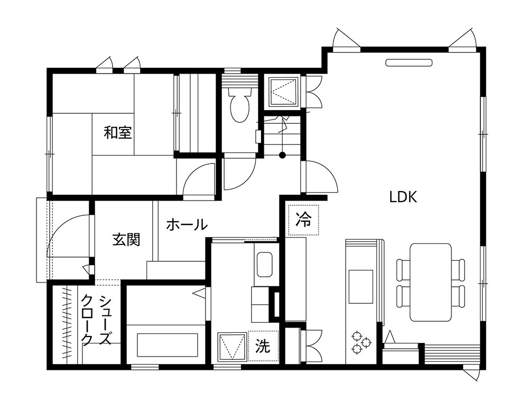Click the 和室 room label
click(117, 132)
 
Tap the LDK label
click(403, 197)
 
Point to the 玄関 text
click(126, 239)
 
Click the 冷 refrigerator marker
click(303, 219)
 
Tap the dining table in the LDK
click(431, 283)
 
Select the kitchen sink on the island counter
click(361, 286)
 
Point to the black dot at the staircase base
click(283, 155)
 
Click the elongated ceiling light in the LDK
click(409, 62)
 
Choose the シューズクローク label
click(96, 320)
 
